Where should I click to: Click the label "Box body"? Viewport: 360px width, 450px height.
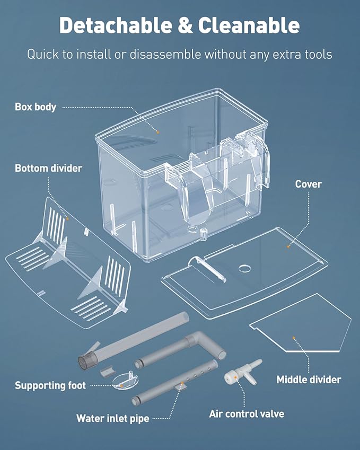(x=35, y=107)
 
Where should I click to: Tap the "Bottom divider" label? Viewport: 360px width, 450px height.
(x=48, y=168)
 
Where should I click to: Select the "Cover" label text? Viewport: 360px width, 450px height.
(x=308, y=184)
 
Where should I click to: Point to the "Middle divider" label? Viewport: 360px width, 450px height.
(x=309, y=380)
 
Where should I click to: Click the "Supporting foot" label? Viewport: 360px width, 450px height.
(x=50, y=385)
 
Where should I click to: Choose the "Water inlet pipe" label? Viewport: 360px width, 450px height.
(x=112, y=419)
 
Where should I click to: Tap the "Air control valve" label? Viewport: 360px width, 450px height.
(x=247, y=413)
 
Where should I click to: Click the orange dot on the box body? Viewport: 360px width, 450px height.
(x=157, y=130)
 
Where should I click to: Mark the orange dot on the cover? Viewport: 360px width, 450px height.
(x=288, y=246)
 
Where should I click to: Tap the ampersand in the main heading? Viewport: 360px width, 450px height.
(x=185, y=24)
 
